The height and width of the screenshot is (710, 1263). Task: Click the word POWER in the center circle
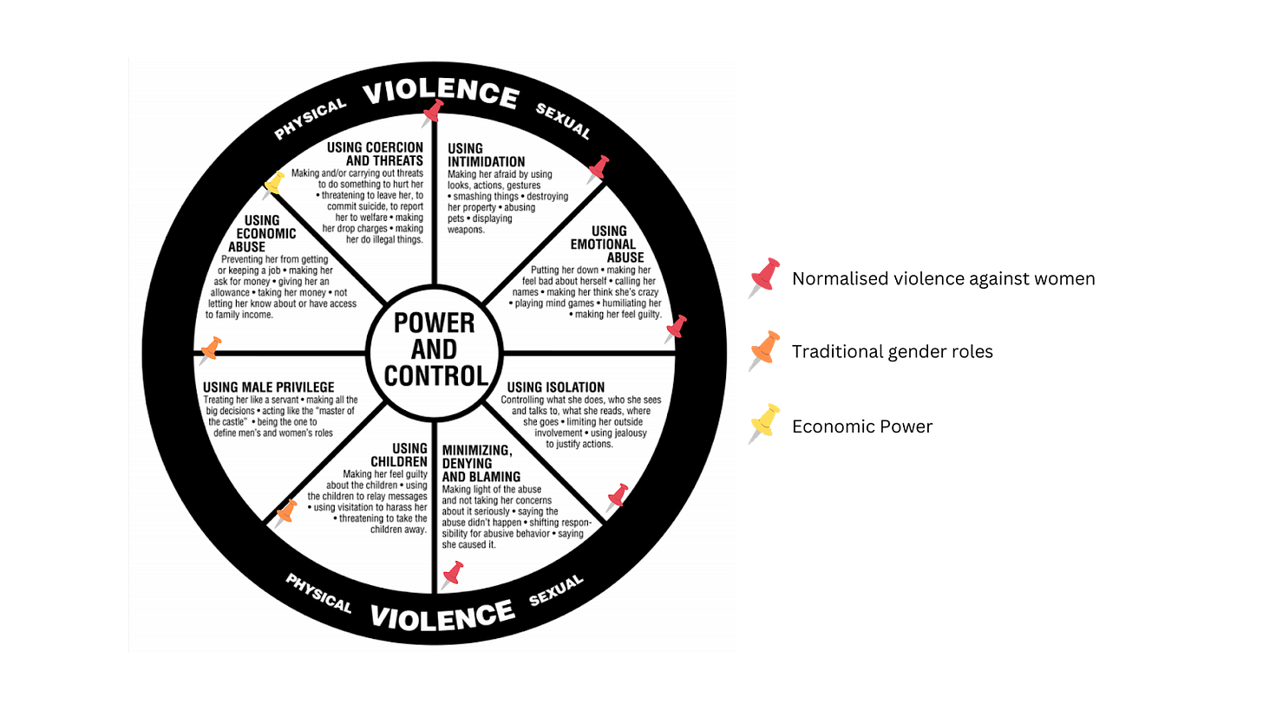click(435, 322)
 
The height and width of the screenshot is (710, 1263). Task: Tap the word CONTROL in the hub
click(435, 375)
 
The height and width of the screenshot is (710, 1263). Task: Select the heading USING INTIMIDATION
click(486, 155)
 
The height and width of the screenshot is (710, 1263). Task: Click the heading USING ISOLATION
click(555, 387)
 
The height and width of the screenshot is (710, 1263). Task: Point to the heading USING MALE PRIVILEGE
click(268, 387)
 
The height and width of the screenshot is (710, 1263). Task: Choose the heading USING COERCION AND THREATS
click(375, 153)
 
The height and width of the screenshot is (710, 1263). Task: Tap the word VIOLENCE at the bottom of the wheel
click(442, 615)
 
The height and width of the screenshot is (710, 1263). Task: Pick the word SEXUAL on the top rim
click(563, 121)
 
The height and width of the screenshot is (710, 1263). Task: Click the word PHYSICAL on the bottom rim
click(318, 593)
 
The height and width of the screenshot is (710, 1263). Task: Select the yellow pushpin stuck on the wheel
click(274, 184)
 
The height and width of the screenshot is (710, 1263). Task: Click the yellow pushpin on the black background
click(762, 424)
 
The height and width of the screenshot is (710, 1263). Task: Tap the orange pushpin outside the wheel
click(762, 350)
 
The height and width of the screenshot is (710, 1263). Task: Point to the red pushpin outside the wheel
click(762, 277)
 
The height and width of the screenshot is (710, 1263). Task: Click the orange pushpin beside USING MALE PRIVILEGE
click(210, 350)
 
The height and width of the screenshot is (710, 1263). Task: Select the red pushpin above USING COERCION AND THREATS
click(432, 113)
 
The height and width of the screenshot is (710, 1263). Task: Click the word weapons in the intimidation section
click(466, 230)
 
